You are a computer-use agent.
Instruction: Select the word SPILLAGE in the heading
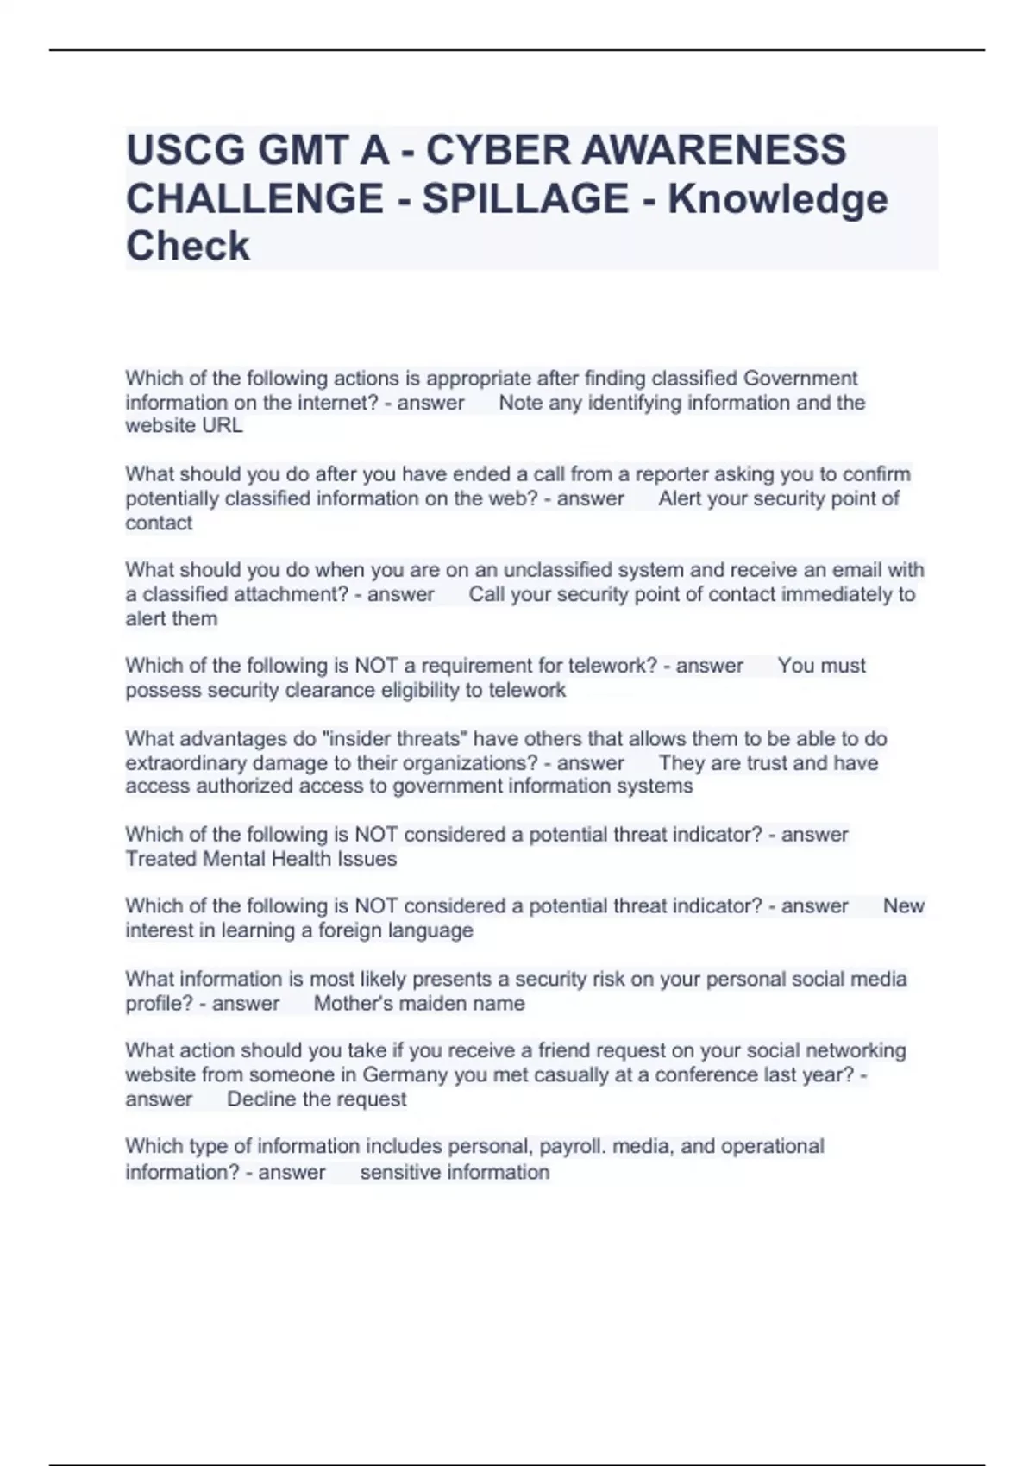click(525, 198)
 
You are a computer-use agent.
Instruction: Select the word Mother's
click(350, 1004)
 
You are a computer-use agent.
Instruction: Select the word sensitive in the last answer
click(398, 1173)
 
